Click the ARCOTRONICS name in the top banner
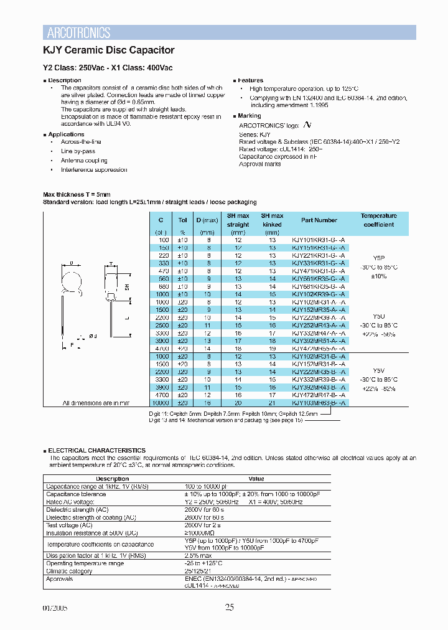79,33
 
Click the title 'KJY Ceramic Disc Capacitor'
108,50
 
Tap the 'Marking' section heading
250,116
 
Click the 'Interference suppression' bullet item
93,170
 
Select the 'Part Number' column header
319,220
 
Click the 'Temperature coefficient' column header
378,220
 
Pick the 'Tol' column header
182,220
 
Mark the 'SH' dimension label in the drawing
127,286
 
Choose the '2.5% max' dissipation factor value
199,555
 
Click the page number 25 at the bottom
230,608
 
